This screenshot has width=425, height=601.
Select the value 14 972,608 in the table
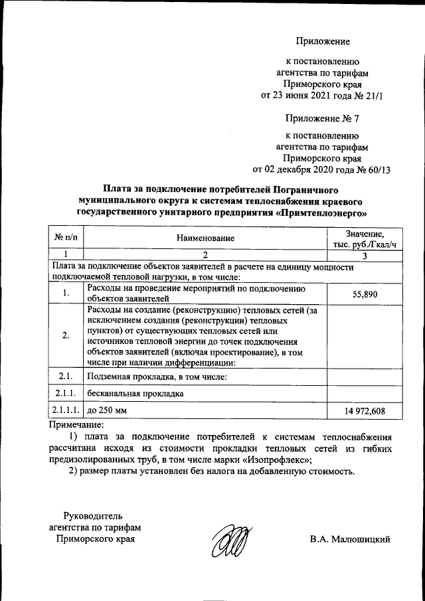(x=365, y=411)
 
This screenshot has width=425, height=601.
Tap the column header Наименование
(x=205, y=237)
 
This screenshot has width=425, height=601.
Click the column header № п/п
(x=66, y=237)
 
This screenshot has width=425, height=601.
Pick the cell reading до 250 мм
(x=106, y=410)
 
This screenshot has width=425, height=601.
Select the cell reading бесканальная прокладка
(x=135, y=394)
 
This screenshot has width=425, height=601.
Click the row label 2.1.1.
(x=66, y=394)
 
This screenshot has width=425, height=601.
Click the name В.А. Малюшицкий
(x=349, y=539)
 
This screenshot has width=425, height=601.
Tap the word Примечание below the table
(x=76, y=424)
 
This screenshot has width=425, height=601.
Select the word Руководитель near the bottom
(x=92, y=515)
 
